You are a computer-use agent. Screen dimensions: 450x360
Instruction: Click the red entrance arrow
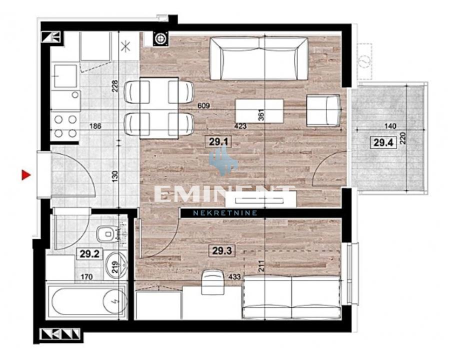[x=26, y=175]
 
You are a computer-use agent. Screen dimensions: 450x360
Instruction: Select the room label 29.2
[x=89, y=254]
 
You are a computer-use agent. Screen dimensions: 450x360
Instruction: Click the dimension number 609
[x=204, y=105]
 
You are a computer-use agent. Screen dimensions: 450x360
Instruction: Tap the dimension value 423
[x=240, y=126]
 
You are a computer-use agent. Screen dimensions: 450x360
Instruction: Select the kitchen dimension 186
[x=95, y=126]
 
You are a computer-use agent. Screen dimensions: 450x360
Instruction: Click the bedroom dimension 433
[x=234, y=276]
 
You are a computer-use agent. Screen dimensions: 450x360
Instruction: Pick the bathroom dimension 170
[x=86, y=276]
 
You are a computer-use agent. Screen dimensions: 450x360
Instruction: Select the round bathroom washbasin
[x=116, y=265]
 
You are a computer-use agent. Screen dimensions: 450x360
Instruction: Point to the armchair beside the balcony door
[x=323, y=111]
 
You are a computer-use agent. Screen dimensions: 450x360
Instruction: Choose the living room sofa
[x=259, y=59]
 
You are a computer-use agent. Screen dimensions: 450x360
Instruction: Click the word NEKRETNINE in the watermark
[x=225, y=212]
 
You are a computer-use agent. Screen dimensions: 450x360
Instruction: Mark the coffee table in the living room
[x=259, y=111]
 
